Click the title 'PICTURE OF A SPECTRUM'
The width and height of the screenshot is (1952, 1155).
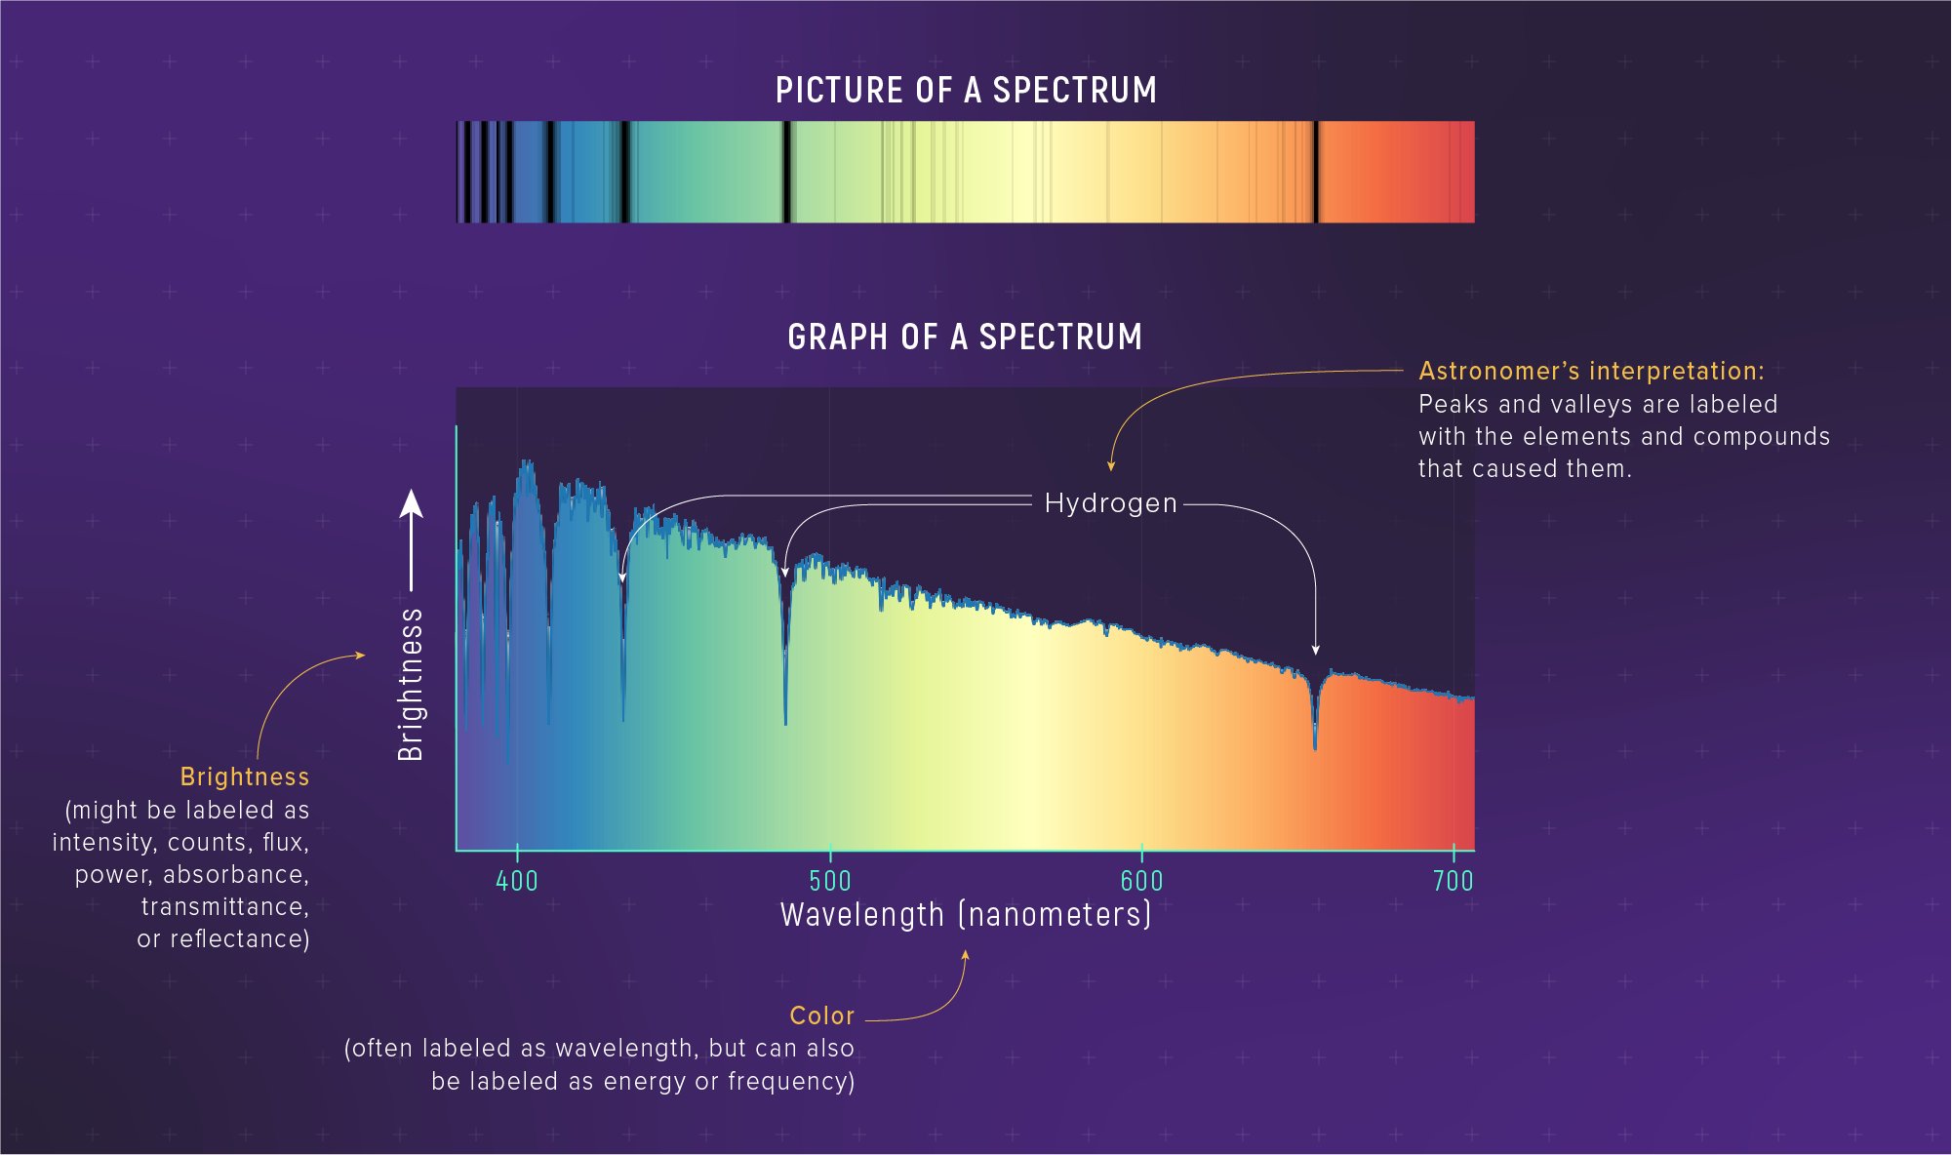click(x=966, y=91)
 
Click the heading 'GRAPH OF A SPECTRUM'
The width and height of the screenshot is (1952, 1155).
click(x=965, y=338)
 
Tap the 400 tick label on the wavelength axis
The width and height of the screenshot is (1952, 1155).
click(x=517, y=881)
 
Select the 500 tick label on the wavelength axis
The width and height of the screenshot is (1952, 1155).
click(x=830, y=881)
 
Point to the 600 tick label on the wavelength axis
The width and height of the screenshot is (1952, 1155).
click(x=1141, y=881)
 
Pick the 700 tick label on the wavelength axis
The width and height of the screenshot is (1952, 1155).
click(x=1453, y=881)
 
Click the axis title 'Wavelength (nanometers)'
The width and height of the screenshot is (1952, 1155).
click(x=966, y=915)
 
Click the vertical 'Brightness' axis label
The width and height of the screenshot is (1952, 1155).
click(x=412, y=684)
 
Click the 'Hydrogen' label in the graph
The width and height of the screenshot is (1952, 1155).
click(x=1110, y=503)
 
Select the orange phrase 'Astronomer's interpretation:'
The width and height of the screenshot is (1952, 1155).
click(x=1591, y=372)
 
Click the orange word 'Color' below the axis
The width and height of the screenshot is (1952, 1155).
click(x=821, y=1016)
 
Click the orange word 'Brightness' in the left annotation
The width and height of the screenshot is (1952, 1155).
click(x=245, y=777)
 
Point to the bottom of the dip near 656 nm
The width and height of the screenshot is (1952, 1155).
click(x=1315, y=746)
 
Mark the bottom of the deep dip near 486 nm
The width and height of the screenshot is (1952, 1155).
click(x=785, y=722)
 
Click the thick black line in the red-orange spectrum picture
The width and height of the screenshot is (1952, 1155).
click(x=1315, y=172)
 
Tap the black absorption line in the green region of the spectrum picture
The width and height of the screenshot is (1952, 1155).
click(x=785, y=172)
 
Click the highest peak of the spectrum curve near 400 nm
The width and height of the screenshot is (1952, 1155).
click(x=527, y=462)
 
